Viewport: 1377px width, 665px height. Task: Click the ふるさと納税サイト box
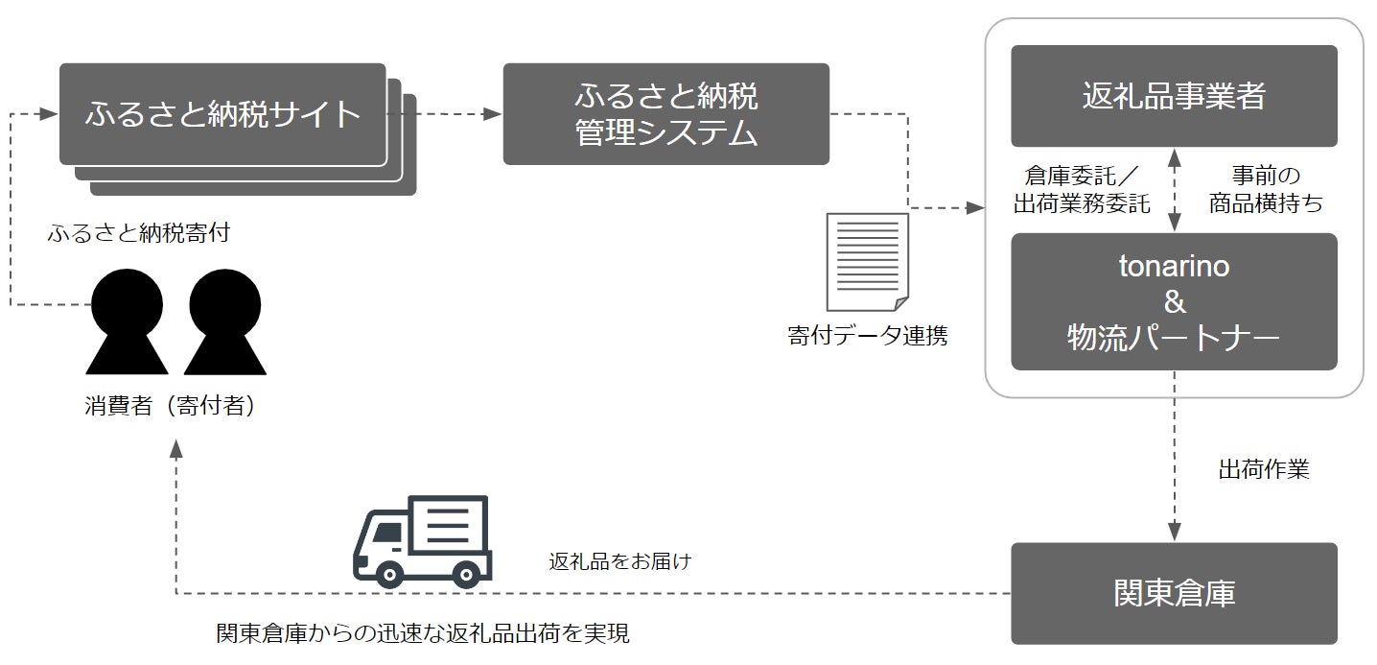[222, 114]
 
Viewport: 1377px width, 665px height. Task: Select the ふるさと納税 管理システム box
[665, 114]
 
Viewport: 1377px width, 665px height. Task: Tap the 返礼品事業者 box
[1174, 96]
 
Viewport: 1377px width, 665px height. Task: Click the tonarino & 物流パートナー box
[1174, 301]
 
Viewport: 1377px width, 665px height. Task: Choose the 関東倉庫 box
[1174, 593]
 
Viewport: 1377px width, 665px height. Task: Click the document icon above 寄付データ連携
[869, 262]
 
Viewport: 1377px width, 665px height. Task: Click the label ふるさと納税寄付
[138, 233]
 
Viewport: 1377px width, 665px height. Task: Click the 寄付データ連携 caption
[867, 337]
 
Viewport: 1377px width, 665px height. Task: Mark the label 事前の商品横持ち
[1265, 189]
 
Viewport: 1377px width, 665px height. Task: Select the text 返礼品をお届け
[619, 561]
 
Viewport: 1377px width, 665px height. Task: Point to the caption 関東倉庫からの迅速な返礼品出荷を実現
[423, 634]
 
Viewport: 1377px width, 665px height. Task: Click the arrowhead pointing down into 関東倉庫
[1174, 534]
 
